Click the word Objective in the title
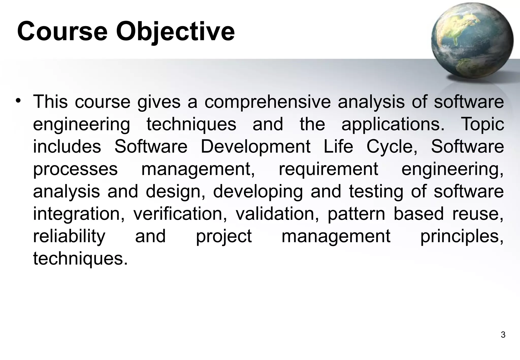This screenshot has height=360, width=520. click(175, 32)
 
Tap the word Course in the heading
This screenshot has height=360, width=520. click(62, 32)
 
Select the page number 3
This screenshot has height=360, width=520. click(503, 335)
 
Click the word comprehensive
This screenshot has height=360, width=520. click(268, 102)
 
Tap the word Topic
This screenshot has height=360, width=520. click(482, 124)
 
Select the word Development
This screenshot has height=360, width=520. click(255, 146)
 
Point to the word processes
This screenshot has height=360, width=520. click(75, 169)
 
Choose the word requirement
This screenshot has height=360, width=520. click(328, 169)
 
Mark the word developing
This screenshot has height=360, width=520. click(258, 191)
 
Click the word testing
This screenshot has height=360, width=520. click(376, 191)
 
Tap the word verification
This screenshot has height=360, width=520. click(180, 214)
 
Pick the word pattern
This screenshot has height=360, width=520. click(356, 214)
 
